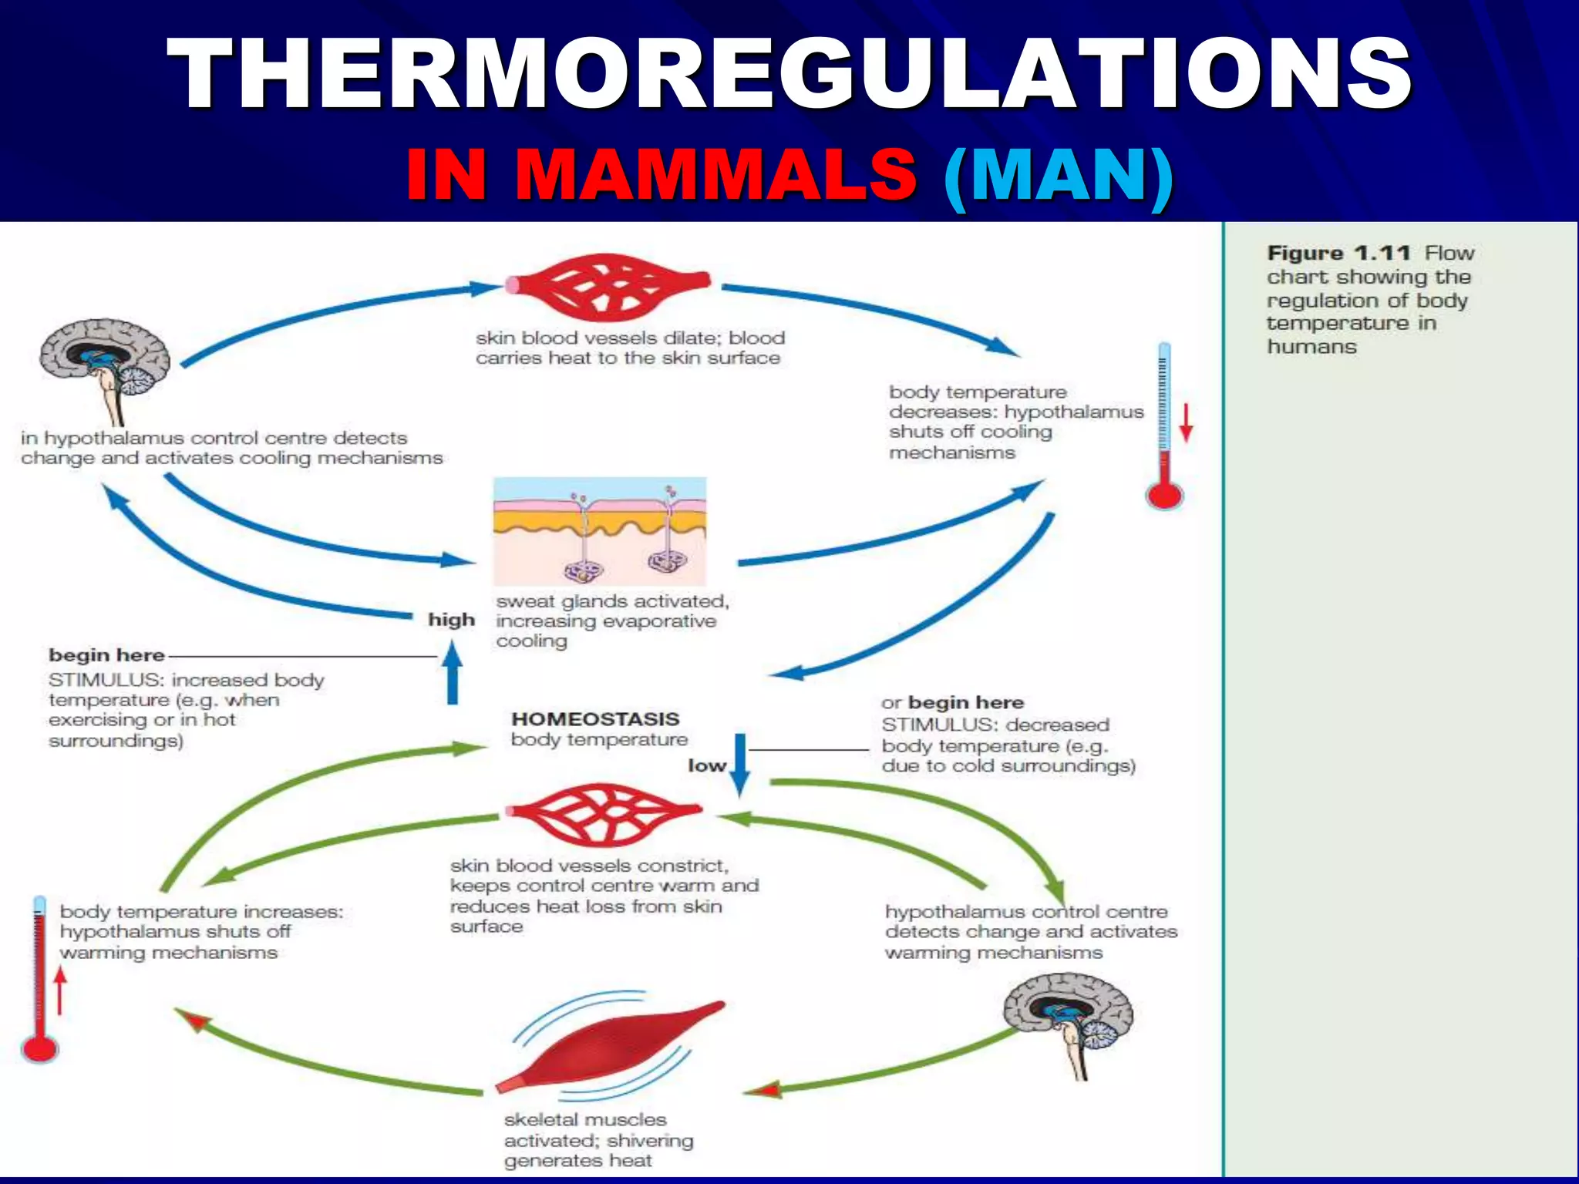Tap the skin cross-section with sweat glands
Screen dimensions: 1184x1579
pos(600,531)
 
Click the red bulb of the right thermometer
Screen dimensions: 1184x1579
pos(1164,494)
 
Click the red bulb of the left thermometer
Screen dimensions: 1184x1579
pos(39,1048)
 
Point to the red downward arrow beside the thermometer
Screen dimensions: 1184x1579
pos(1186,422)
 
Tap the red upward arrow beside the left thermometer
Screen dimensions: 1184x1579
pos(60,990)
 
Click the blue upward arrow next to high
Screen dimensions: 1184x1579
pos(453,674)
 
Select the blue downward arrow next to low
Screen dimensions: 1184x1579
pos(739,764)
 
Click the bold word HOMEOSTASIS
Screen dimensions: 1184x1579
pos(595,718)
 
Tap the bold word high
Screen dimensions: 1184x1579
pos(451,620)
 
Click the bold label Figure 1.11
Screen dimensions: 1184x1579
pos(1338,253)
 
